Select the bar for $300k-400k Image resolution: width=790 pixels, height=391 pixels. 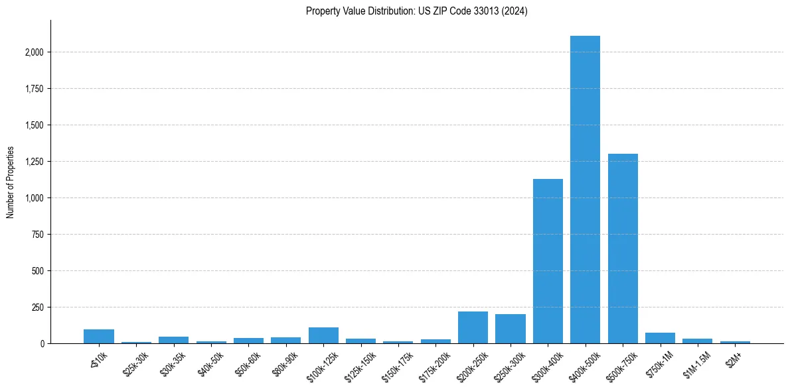point(548,261)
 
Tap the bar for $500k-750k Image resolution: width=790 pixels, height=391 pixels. point(623,249)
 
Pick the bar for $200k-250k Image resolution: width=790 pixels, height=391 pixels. point(473,327)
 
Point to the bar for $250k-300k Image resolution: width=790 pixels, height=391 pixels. point(510,329)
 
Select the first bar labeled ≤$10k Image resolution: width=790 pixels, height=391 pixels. point(99,336)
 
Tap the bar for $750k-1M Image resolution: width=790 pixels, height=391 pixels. point(660,338)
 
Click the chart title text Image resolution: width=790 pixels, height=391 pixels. point(417,11)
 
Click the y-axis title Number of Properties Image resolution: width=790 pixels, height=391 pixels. point(11,182)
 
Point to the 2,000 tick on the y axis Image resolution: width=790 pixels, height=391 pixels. point(35,52)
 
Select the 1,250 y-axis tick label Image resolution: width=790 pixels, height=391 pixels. point(35,162)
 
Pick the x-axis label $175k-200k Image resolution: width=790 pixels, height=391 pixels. point(435,364)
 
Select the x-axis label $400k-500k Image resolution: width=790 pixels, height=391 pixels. point(584,364)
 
